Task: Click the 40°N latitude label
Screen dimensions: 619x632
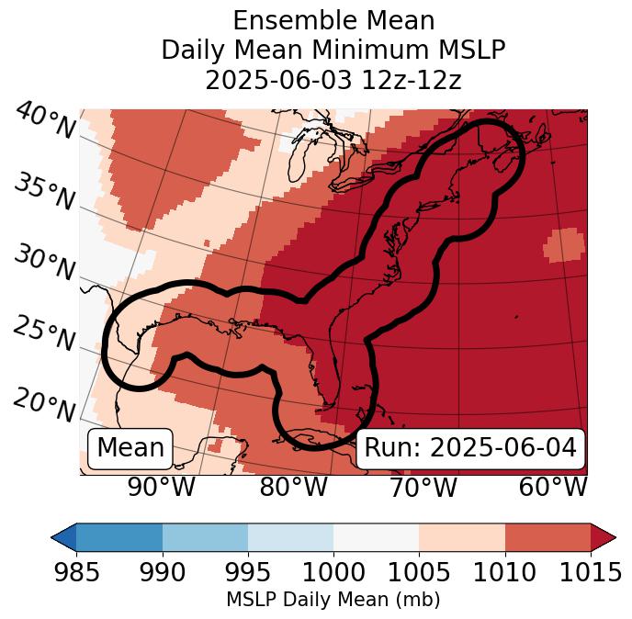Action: (45, 121)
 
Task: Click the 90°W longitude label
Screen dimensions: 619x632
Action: (161, 488)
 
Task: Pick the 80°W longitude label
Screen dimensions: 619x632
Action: (293, 488)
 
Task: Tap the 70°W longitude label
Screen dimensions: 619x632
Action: (423, 488)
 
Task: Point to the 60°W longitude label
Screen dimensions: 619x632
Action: (553, 488)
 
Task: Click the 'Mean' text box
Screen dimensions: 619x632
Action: (130, 448)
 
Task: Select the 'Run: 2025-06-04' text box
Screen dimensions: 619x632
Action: (470, 448)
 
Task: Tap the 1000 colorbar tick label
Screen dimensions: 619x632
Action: (333, 573)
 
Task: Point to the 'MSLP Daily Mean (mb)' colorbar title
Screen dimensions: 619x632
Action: (333, 601)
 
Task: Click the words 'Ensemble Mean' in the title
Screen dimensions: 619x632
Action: (333, 21)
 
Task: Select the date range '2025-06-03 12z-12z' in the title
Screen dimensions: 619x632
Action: (333, 80)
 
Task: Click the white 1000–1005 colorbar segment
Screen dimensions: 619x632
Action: (376, 536)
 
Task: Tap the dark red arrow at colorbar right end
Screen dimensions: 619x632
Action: (604, 536)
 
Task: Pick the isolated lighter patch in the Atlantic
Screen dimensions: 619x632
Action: (564, 245)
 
